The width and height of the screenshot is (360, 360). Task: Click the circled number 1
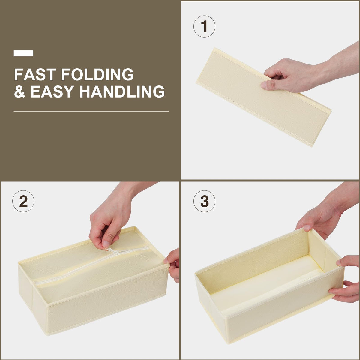(x=204, y=26)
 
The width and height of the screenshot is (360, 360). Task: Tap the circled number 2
(x=23, y=201)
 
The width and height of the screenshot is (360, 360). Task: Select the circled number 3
(x=204, y=201)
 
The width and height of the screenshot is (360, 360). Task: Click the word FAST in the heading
(x=35, y=74)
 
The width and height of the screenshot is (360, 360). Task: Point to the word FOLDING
(x=97, y=74)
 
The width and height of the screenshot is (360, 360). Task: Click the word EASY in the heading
(x=52, y=91)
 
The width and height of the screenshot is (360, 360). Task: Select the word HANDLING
(x=122, y=91)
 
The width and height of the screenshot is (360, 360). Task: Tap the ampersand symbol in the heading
(x=19, y=91)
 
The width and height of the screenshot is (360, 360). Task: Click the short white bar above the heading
(x=23, y=53)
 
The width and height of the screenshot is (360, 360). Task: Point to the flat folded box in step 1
(x=264, y=97)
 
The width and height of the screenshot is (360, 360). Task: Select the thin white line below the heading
(x=91, y=112)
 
